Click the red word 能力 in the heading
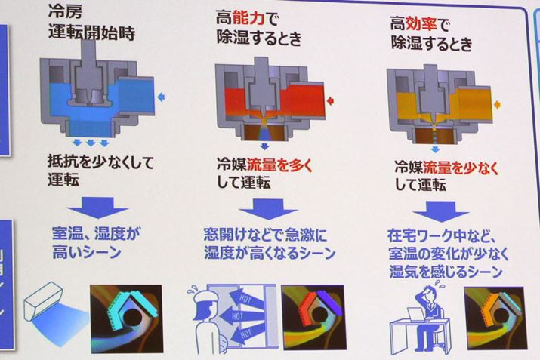(248, 18)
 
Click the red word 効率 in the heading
(421, 24)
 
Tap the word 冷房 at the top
(66, 12)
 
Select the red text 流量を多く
(279, 165)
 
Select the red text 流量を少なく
(461, 168)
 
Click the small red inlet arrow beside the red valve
(330, 101)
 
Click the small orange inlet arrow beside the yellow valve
(497, 104)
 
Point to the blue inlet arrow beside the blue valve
(161, 97)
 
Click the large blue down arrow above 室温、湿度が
(98, 208)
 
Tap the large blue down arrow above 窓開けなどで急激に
(268, 209)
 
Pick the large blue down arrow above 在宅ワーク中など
(441, 211)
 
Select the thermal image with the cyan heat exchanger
(126, 318)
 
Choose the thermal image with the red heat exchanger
(314, 317)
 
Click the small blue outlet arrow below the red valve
(264, 146)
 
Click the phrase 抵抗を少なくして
(100, 162)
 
